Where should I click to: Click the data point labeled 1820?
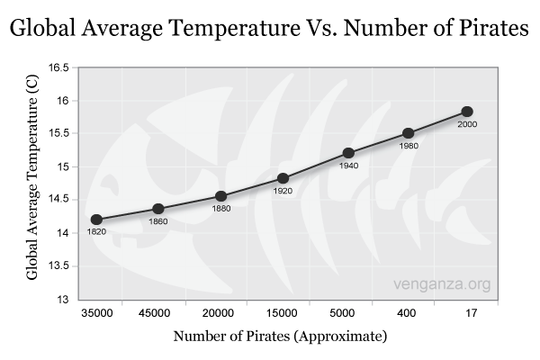pos(96,220)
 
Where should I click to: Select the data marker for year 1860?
pos(158,209)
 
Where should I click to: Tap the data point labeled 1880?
pos(220,196)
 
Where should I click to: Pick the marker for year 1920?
pos(283,178)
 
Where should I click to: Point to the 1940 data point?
pos(348,153)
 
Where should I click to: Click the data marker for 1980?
pos(408,133)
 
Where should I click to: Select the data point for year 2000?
pos(467,112)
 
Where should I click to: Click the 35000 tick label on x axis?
pos(96,313)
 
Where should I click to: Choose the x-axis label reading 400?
pos(406,313)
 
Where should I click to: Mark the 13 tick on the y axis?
pos(63,299)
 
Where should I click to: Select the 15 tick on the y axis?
pos(63,166)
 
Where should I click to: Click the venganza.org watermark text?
pos(442,284)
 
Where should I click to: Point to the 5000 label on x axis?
pos(344,313)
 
